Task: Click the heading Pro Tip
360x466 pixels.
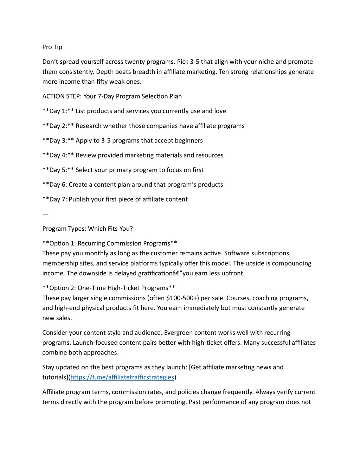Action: click(52, 47)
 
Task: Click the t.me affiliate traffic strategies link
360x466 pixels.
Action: click(122, 377)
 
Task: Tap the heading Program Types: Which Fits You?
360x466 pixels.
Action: click(88, 229)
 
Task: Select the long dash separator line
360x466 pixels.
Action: click(45, 214)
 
